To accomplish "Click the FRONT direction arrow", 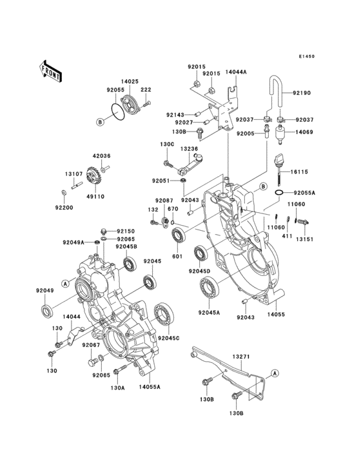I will pos(51,70).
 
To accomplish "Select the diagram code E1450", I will pos(306,57).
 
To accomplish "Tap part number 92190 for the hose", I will pos(302,93).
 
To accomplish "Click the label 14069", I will pos(305,132).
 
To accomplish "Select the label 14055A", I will pos(149,388).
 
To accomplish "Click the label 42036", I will pos(101,155).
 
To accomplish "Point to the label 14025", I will pos(132,82).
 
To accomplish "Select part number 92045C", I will pos(169,338).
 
